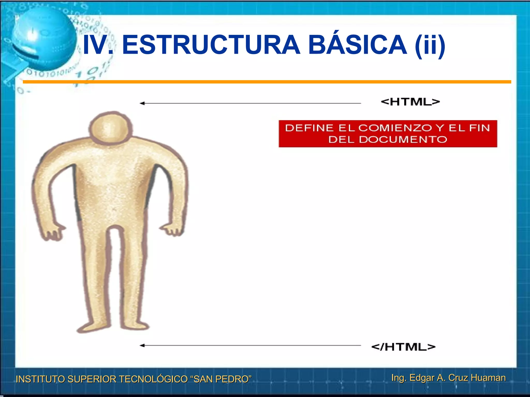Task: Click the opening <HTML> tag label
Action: [x=410, y=102]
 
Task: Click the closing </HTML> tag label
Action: [x=403, y=347]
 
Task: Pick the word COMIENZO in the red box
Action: [x=395, y=128]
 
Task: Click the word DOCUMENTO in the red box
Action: [x=403, y=140]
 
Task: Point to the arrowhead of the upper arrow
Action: [x=142, y=103]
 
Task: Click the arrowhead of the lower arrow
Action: [x=142, y=345]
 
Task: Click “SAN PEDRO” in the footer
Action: [x=221, y=379]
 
